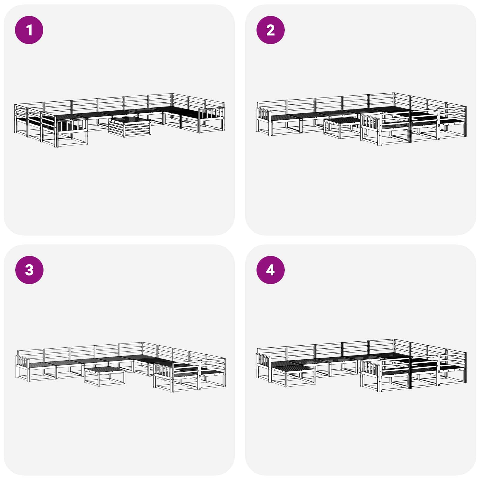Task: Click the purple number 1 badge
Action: [29, 30]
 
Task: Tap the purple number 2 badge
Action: [270, 30]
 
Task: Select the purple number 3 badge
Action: [29, 270]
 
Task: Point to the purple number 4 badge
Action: [270, 270]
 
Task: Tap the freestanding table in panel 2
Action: [342, 127]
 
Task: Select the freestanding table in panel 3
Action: [104, 375]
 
